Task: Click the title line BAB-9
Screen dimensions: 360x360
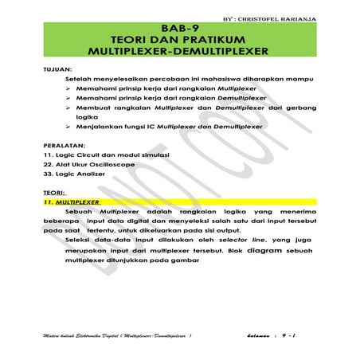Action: tap(180, 26)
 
